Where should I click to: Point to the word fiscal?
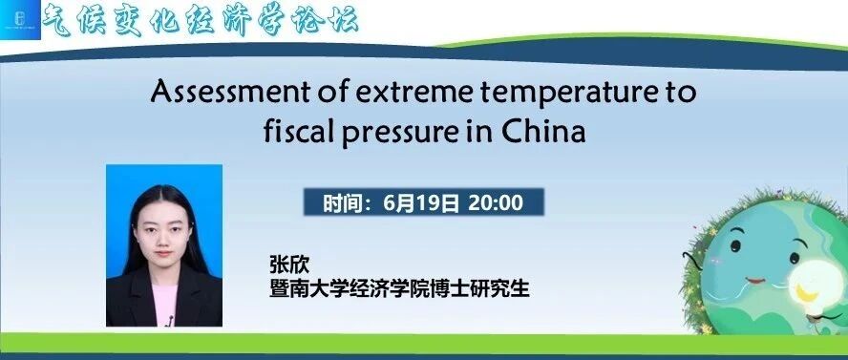click(298, 131)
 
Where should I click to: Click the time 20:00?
click(496, 202)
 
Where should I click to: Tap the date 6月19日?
click(421, 202)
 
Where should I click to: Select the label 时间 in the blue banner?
click(342, 203)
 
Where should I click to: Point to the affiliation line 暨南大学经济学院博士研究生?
click(400, 288)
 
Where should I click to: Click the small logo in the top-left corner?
click(20, 19)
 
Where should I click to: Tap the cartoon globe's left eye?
click(735, 246)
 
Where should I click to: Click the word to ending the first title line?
click(680, 93)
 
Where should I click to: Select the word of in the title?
click(336, 92)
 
